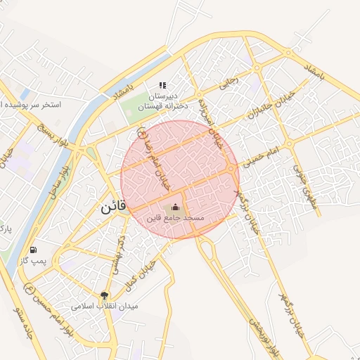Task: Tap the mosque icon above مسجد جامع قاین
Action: click(x=175, y=207)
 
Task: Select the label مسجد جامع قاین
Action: click(x=175, y=219)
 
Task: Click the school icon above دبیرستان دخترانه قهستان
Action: click(x=163, y=85)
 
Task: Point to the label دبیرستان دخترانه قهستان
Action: click(x=161, y=101)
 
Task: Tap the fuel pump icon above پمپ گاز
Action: click(x=33, y=250)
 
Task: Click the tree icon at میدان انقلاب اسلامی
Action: click(x=105, y=296)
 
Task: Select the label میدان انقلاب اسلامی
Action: click(x=105, y=307)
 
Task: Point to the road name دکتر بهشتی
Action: click(x=115, y=254)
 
